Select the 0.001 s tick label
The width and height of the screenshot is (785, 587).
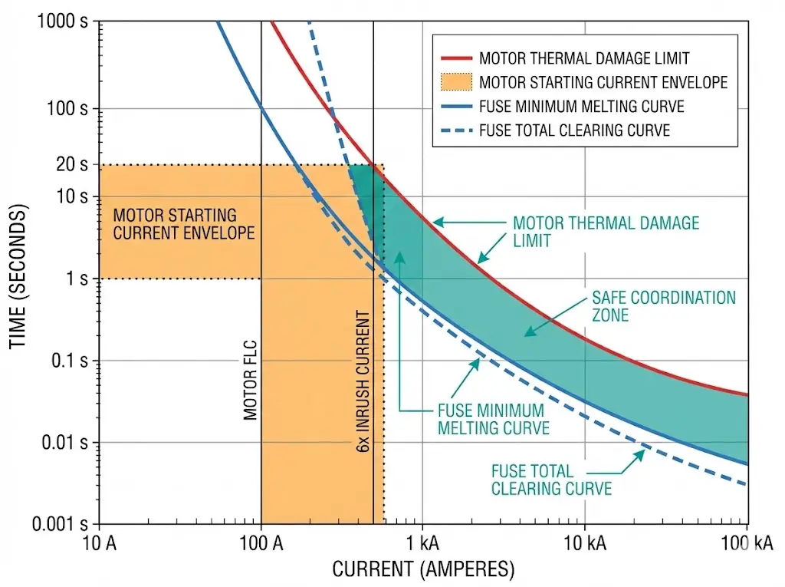pyautogui.click(x=61, y=525)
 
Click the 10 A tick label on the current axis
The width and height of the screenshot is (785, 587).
pyautogui.click(x=100, y=545)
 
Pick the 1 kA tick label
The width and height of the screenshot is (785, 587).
pyautogui.click(x=422, y=545)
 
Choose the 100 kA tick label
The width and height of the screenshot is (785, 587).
pyautogui.click(x=745, y=545)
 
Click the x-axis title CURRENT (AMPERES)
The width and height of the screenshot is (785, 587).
pyautogui.click(x=423, y=569)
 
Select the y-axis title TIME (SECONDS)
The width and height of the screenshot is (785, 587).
pyautogui.click(x=18, y=276)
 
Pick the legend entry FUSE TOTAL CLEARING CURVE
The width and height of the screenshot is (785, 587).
pyautogui.click(x=574, y=130)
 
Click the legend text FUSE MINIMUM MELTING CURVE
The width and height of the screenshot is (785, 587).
pyautogui.click(x=581, y=107)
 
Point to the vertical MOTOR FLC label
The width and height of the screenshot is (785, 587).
pyautogui.click(x=250, y=380)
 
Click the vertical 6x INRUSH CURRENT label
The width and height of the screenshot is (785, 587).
pyautogui.click(x=363, y=381)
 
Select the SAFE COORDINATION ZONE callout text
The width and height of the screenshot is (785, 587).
pyautogui.click(x=663, y=306)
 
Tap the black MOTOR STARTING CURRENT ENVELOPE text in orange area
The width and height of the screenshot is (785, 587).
pyautogui.click(x=183, y=224)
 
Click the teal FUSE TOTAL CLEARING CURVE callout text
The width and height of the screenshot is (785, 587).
pyautogui.click(x=551, y=480)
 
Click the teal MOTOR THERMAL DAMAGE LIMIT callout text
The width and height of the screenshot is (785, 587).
pyautogui.click(x=606, y=231)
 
